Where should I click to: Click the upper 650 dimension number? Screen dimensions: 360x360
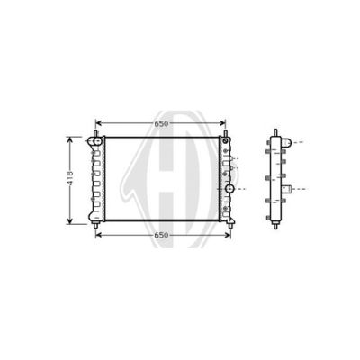tap(161, 123)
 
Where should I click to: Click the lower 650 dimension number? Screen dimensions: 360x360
tap(161, 235)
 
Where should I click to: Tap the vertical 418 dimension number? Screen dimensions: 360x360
tap(70, 178)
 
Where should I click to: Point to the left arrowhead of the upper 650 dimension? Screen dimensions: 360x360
tap(98, 123)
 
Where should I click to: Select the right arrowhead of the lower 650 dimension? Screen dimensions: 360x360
tap(228, 235)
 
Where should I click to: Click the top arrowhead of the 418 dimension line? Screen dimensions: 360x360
tap(70, 139)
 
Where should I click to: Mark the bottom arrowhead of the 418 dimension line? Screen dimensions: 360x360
tap(70, 221)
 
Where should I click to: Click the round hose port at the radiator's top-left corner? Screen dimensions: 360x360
tap(97, 140)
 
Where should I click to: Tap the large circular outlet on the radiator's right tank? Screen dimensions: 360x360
tap(229, 189)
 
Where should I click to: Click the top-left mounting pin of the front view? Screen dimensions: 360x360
tap(95, 134)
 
